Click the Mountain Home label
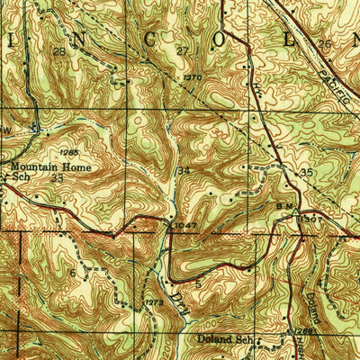click(x=41, y=166)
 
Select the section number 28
click(x=59, y=52)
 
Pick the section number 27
click(x=182, y=52)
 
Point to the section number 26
click(x=325, y=44)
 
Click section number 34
click(x=184, y=170)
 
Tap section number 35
click(x=306, y=171)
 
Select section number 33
click(x=58, y=178)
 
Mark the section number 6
click(x=72, y=273)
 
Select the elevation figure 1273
click(x=154, y=304)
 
